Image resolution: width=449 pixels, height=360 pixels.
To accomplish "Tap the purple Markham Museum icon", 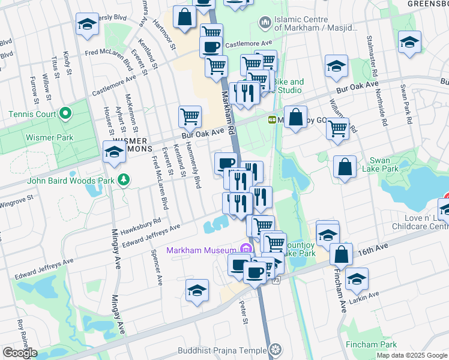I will (244, 249).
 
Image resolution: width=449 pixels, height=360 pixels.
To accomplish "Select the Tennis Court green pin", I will (64, 114).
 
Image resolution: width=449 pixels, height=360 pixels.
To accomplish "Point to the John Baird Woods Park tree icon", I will (124, 179).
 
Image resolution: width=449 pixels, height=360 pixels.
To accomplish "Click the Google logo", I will (20, 353).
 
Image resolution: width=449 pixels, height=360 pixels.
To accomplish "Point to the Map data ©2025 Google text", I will (411, 355).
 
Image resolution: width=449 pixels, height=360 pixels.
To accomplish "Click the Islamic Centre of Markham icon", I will (265, 23).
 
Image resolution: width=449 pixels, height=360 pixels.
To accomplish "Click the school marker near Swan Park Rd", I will (409, 43).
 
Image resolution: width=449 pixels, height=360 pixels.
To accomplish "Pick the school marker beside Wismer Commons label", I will (113, 153).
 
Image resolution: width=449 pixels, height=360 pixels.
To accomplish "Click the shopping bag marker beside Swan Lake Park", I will (345, 168).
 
